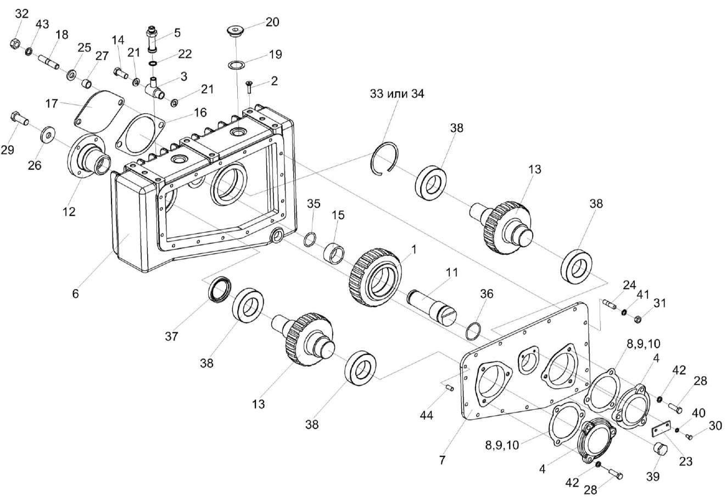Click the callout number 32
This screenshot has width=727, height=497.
pos(21,14)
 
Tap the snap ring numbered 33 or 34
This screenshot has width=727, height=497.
pos(383,159)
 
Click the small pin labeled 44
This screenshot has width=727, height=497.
pos(448,389)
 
